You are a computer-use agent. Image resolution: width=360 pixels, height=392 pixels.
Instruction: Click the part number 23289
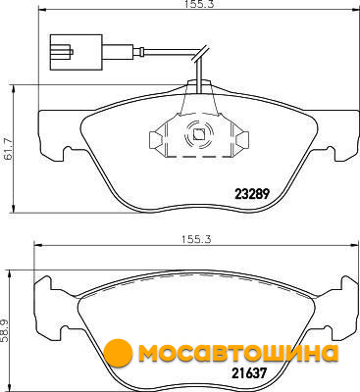(x=252, y=194)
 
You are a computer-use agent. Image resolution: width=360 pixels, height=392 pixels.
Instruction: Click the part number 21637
(x=249, y=372)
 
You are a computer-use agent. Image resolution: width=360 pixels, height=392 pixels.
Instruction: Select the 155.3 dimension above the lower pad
(x=196, y=239)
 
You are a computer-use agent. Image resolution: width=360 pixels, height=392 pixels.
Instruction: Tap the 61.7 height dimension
(x=8, y=149)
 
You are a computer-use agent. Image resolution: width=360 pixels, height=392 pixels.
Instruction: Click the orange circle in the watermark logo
(x=118, y=353)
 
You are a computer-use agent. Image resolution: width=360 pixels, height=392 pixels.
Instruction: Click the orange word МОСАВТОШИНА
(x=238, y=353)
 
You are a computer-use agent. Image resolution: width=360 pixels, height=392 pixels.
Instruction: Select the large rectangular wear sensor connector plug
(x=76, y=52)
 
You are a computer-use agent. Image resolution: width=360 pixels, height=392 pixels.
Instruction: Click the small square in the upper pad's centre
(x=198, y=133)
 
